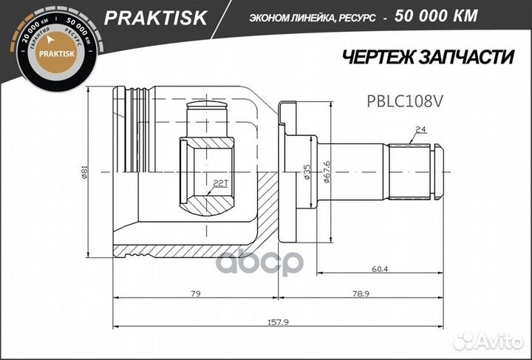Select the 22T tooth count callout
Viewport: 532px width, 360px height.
[219, 182]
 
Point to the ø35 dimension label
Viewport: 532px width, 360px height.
[306, 172]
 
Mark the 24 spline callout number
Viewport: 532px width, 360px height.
[420, 130]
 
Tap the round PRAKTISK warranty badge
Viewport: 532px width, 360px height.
[52, 52]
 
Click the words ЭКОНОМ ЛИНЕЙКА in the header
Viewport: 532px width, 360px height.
[284, 16]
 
